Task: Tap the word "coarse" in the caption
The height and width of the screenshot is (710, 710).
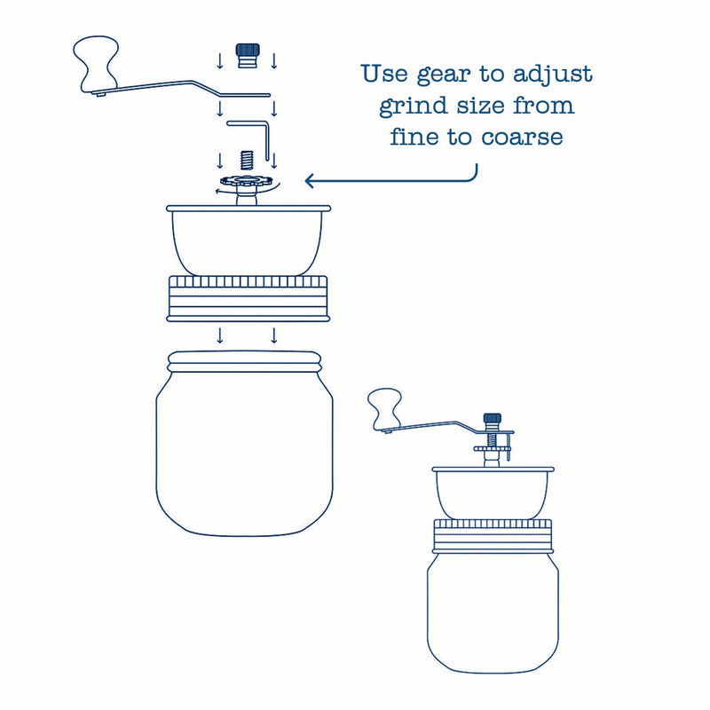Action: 525,138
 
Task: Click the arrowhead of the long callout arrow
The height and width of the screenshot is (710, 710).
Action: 310,181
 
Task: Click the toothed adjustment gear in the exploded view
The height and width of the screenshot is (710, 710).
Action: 247,184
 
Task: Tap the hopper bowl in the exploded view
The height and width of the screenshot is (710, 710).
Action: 248,240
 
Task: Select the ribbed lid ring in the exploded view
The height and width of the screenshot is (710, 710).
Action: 248,297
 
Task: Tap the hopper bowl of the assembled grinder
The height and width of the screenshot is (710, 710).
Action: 492,493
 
